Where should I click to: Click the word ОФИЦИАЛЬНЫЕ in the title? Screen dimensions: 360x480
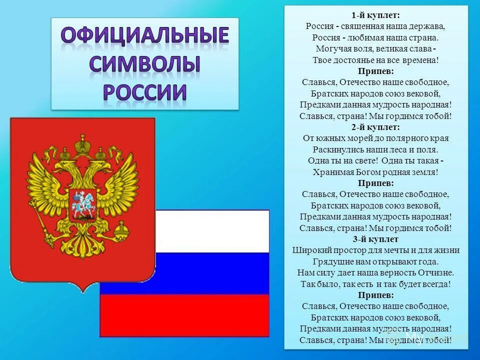145,36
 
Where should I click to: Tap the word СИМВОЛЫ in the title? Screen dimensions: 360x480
145,64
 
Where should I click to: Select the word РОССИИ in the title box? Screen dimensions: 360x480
145,92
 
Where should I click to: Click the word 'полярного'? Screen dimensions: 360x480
395,138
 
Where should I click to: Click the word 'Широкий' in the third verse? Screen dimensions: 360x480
309,250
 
